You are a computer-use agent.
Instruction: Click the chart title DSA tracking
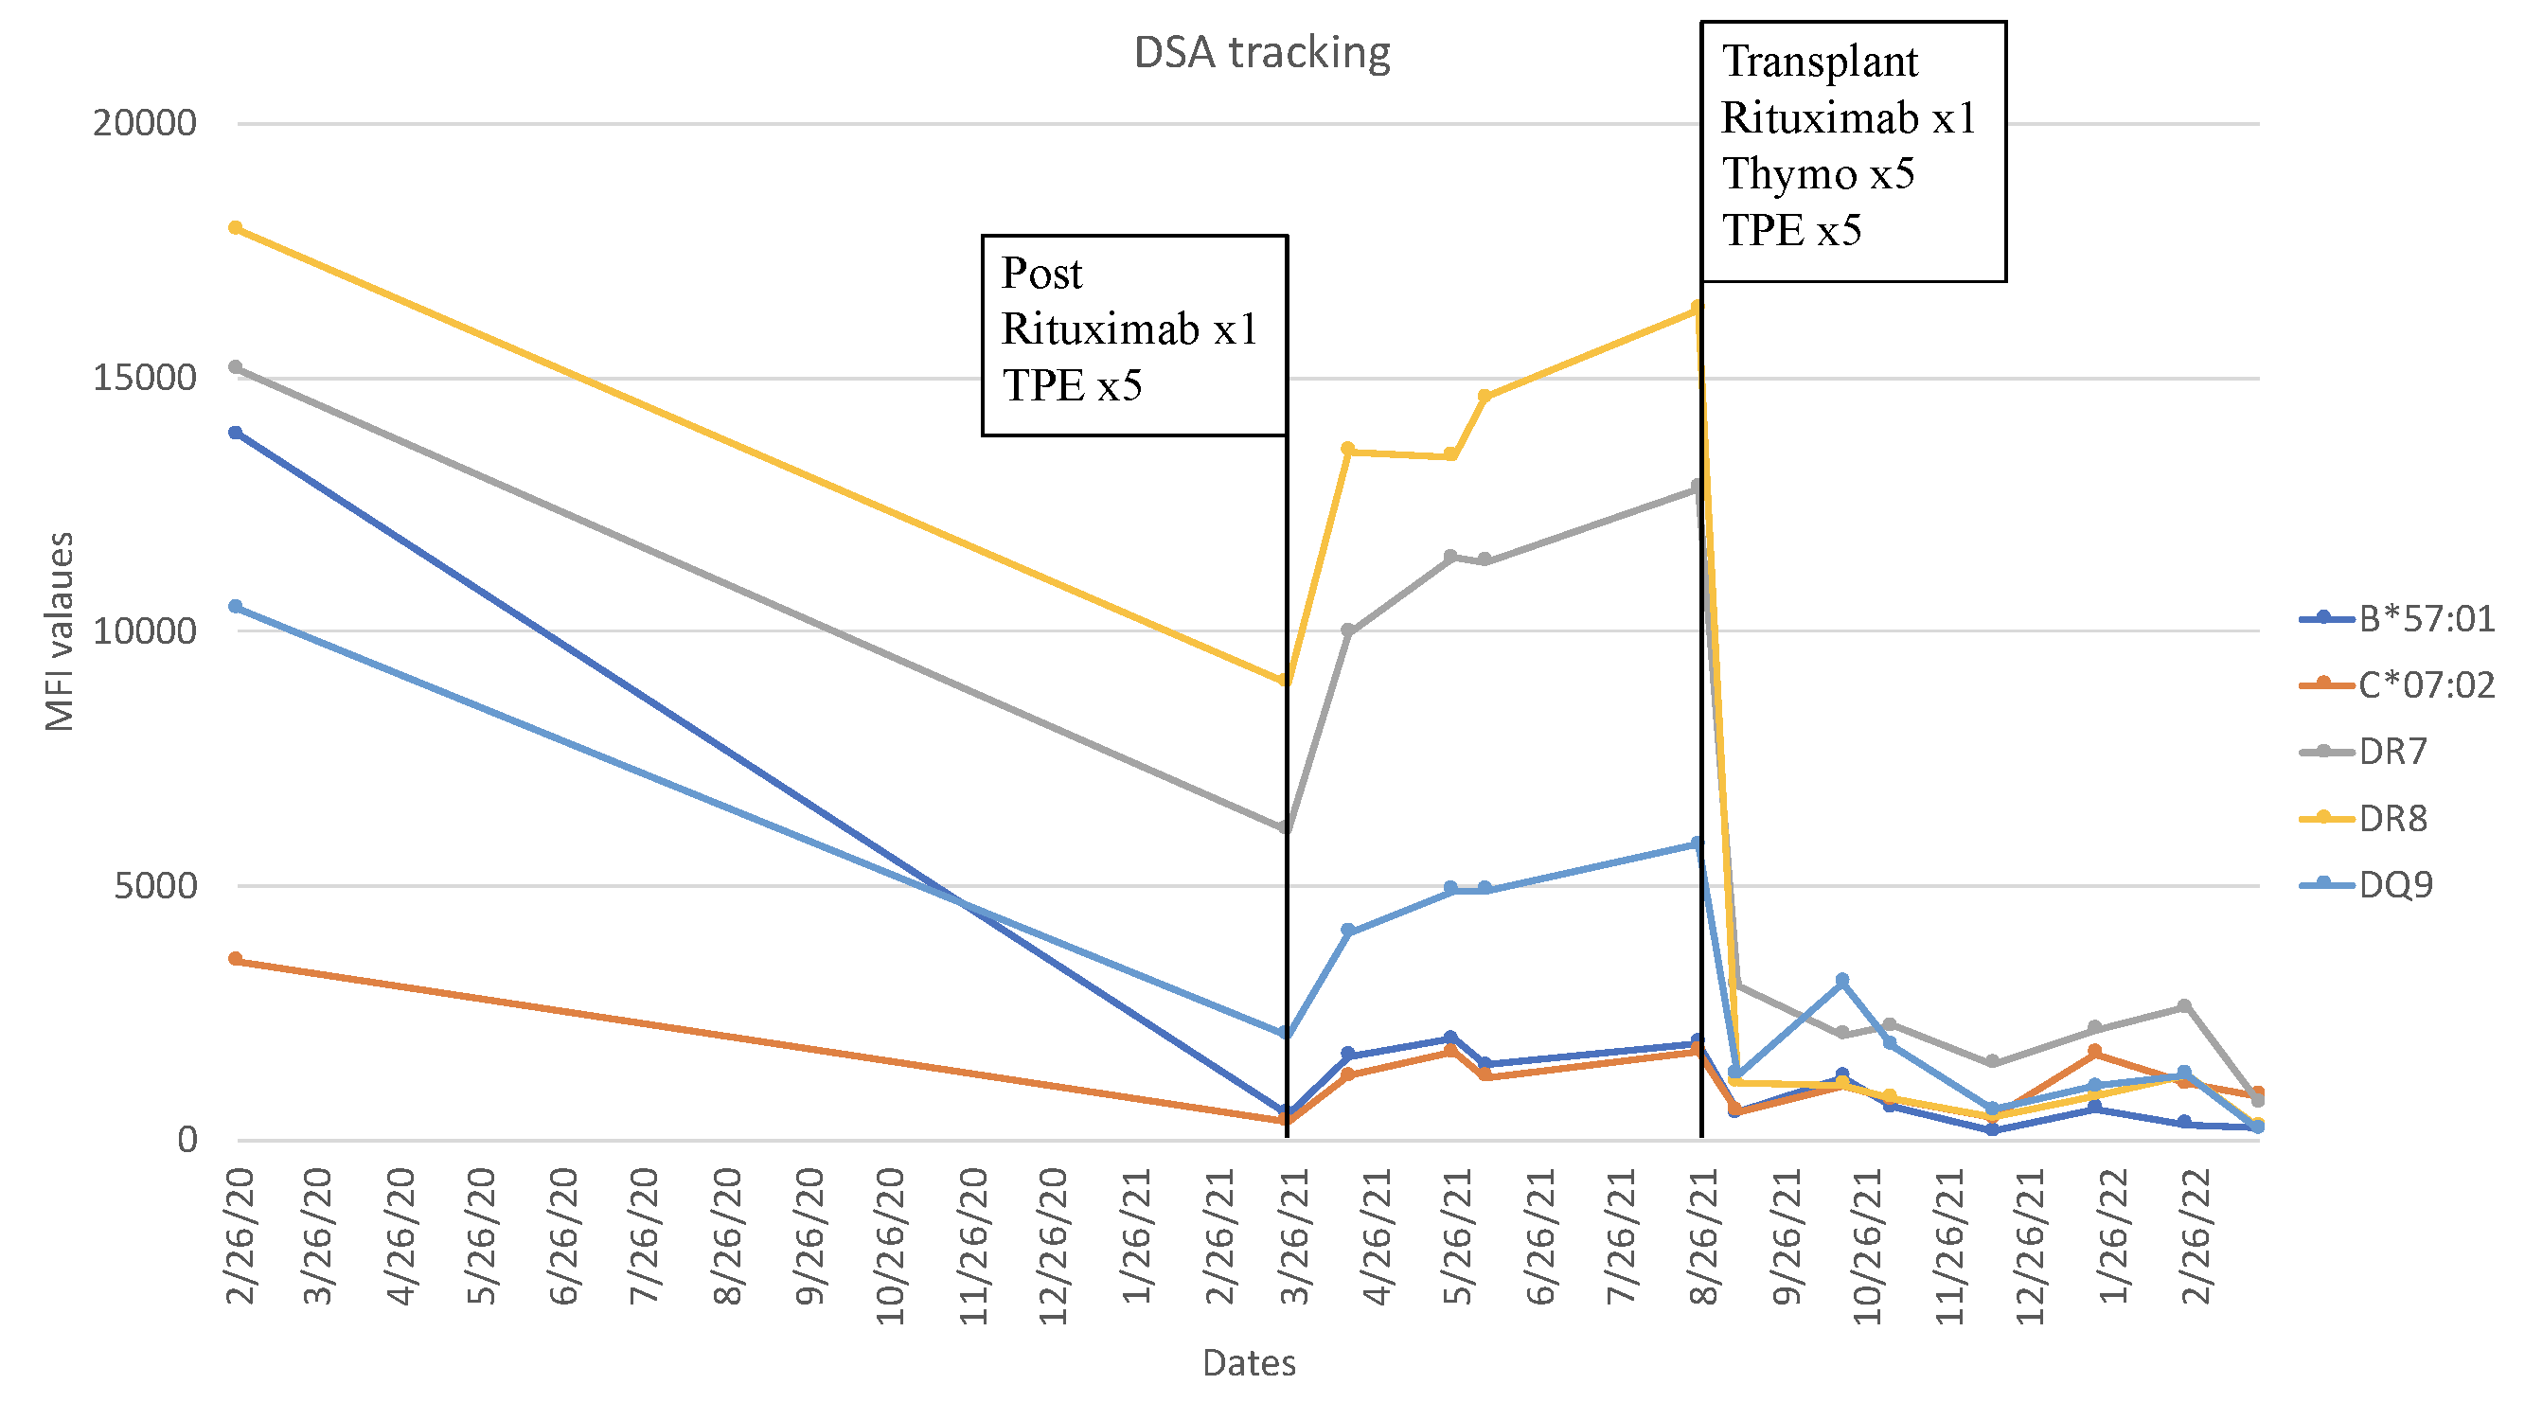point(1261,53)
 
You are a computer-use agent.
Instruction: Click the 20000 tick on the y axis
point(145,123)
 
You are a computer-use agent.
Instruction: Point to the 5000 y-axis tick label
point(156,886)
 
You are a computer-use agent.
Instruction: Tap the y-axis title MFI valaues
point(60,632)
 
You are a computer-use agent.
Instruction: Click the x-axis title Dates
point(1249,1363)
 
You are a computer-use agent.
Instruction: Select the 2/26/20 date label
point(240,1235)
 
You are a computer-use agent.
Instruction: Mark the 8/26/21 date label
point(1704,1235)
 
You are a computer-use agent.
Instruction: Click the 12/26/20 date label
point(1053,1246)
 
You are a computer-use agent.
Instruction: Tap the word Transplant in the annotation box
point(1820,62)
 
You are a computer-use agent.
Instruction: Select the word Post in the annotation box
point(1041,274)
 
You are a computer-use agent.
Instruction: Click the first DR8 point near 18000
point(235,228)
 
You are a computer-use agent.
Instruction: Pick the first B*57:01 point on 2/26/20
point(235,434)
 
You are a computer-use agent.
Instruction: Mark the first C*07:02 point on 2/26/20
point(235,959)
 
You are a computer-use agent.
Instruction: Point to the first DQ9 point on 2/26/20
point(235,608)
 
